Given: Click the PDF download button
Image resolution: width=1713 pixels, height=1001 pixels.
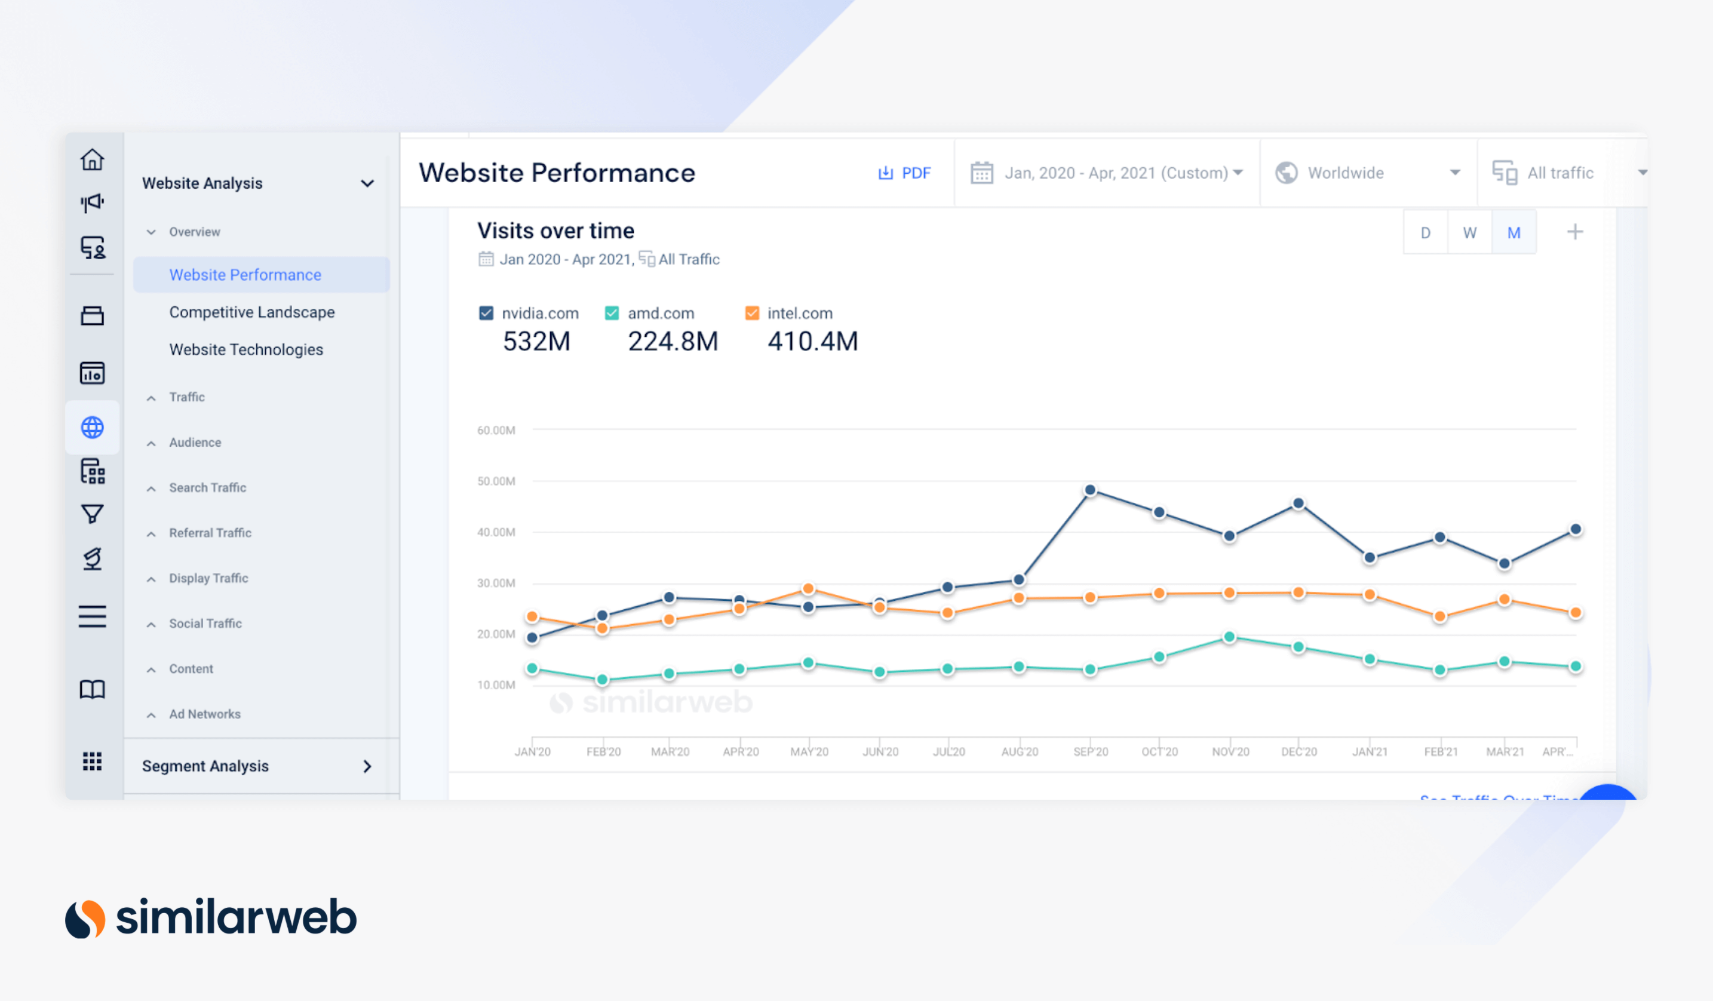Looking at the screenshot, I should [904, 173].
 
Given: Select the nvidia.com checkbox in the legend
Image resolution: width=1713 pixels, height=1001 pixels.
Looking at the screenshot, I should [486, 314].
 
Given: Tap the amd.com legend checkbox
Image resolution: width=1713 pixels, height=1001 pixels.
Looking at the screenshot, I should [612, 314].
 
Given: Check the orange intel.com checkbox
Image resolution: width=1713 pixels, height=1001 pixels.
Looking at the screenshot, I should [752, 314].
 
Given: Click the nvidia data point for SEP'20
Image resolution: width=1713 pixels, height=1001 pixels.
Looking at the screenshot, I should [1089, 490].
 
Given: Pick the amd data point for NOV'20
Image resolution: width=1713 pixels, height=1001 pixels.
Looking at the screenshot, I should [1229, 637].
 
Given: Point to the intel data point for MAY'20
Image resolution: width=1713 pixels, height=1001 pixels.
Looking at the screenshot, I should [808, 588].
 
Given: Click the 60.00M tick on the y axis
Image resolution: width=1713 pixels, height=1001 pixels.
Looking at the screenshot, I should [496, 430].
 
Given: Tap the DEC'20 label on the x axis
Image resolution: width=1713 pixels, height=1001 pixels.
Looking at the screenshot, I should [1298, 751].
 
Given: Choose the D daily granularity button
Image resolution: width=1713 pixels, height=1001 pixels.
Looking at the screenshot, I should [1426, 233].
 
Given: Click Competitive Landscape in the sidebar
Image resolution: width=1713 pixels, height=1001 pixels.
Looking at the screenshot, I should [251, 312].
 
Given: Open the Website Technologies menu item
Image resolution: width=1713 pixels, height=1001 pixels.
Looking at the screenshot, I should [246, 349].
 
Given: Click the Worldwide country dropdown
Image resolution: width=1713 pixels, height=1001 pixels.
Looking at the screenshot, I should [1367, 173].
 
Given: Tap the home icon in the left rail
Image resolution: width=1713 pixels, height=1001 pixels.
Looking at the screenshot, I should [93, 159].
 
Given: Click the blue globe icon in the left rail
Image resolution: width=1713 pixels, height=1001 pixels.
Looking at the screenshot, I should [93, 428].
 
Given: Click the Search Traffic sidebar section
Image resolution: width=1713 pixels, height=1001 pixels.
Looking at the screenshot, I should [207, 488].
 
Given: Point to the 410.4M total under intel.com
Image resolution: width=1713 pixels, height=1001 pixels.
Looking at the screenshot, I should [812, 341].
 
